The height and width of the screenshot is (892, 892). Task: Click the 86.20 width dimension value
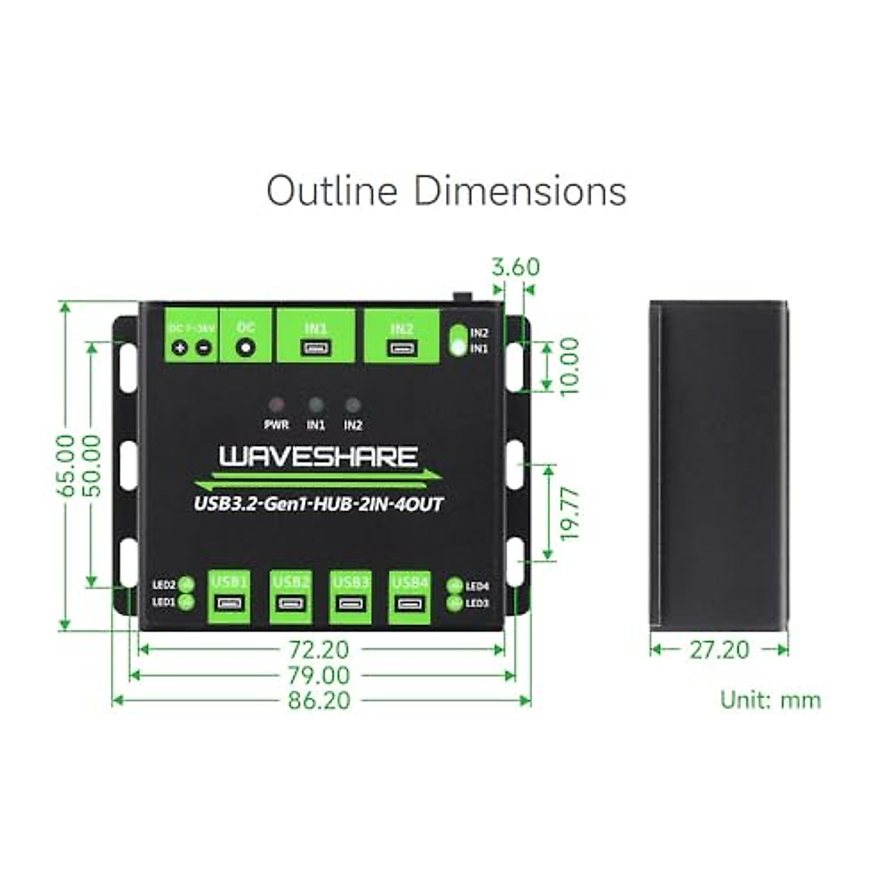321,700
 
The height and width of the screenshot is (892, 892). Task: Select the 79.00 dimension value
321,675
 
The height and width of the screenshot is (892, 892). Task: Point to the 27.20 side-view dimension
719,650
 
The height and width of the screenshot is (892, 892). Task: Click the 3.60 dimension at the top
516,267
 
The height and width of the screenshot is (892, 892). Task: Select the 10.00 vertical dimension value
570,366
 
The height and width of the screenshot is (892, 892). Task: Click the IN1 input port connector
316,348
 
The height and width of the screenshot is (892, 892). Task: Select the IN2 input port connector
402,348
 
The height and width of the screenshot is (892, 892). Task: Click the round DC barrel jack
245,347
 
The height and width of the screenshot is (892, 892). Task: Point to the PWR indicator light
277,405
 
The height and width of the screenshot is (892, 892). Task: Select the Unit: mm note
770,699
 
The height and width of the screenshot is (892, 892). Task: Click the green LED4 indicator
455,586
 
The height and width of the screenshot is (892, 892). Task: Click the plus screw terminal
179,347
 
